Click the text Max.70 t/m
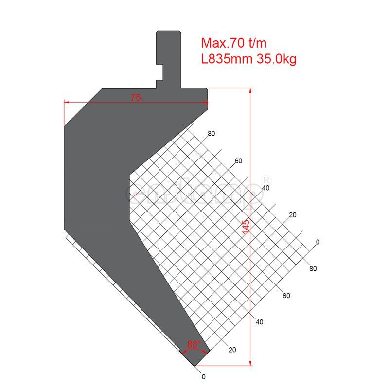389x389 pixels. pyautogui.click(x=234, y=43)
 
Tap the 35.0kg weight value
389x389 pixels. pyautogui.click(x=276, y=59)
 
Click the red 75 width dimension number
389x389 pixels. pyautogui.click(x=136, y=98)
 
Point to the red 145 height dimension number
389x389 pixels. pyautogui.click(x=246, y=226)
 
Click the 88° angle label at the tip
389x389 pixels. pyautogui.click(x=194, y=345)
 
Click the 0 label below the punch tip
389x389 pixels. pyautogui.click(x=204, y=376)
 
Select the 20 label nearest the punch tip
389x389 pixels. pyautogui.click(x=232, y=350)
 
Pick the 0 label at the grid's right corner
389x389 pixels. pyautogui.click(x=318, y=242)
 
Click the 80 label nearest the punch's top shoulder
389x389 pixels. pyautogui.click(x=211, y=134)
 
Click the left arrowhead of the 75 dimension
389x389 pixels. pyautogui.click(x=67, y=102)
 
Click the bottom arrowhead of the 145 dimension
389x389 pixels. pyautogui.click(x=250, y=363)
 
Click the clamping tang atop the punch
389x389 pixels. pyautogui.click(x=169, y=58)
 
